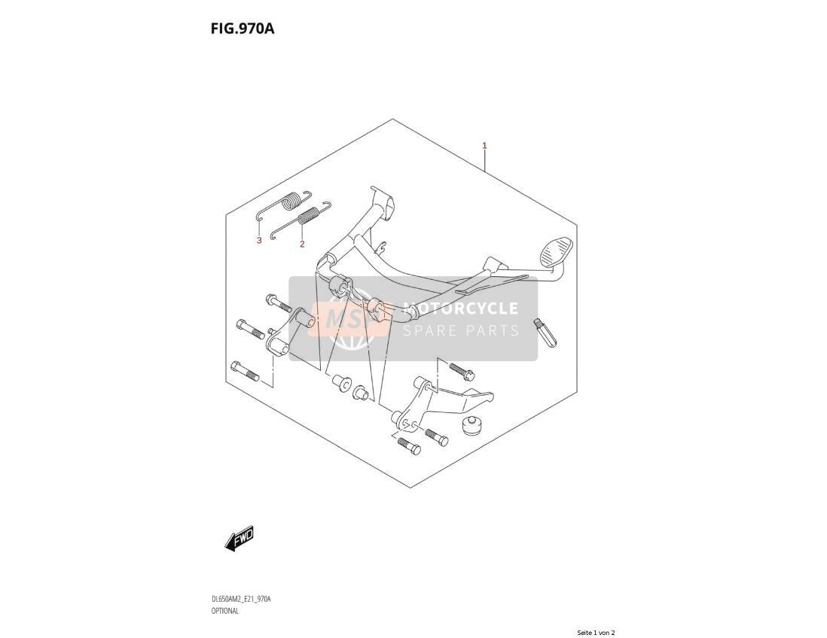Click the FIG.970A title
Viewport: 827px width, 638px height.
pos(243,28)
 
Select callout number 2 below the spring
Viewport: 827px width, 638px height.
pos(302,244)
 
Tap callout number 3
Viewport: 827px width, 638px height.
pos(259,241)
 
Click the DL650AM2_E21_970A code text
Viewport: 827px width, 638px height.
pos(241,599)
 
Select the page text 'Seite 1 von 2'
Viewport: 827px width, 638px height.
pos(596,633)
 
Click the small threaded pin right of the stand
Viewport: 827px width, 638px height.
pos(545,333)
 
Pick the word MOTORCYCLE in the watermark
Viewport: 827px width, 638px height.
pos(460,308)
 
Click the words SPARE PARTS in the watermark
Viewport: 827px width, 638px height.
pos(461,331)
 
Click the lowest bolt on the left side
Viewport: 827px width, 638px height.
pos(244,370)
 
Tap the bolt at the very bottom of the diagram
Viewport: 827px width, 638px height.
pos(409,445)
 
